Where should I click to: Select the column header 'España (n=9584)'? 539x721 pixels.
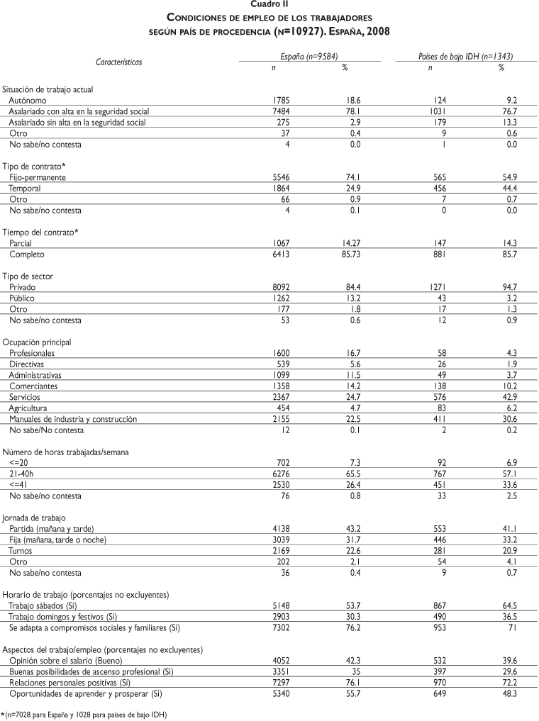[x=310, y=55]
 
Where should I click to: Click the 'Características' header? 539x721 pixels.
[x=119, y=62]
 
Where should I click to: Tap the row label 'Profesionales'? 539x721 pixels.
[x=32, y=353]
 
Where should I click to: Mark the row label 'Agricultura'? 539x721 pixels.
[x=28, y=408]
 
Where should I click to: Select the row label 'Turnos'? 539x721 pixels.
[x=21, y=551]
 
